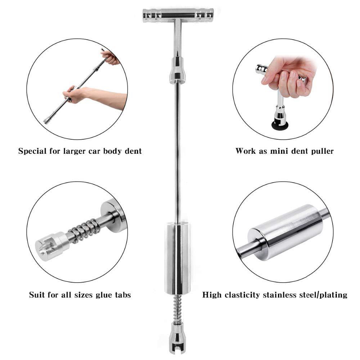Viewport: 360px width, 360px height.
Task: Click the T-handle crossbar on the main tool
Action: (178, 15)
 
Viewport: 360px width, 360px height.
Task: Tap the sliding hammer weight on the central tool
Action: (177, 258)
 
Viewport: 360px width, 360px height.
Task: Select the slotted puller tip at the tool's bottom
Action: (177, 340)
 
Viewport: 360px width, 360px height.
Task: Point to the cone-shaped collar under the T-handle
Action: (177, 71)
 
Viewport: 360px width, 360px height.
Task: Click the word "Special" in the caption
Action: (33, 151)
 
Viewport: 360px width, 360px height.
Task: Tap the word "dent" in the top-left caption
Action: (133, 151)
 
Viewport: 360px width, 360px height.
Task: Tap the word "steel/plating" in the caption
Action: (321, 295)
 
